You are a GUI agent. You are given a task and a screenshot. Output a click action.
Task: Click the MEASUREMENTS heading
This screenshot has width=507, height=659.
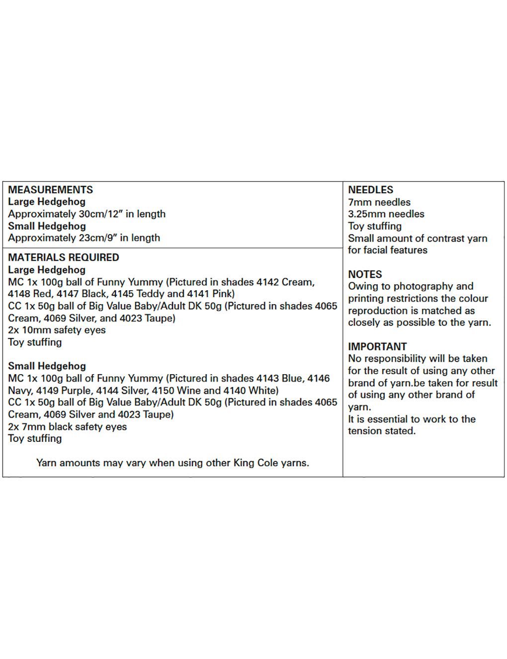click(50, 190)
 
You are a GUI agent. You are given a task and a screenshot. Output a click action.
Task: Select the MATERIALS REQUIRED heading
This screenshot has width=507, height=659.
click(64, 257)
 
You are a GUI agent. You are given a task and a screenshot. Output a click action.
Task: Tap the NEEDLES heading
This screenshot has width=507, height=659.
click(370, 190)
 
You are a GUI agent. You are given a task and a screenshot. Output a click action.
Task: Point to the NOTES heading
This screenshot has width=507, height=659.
click(365, 274)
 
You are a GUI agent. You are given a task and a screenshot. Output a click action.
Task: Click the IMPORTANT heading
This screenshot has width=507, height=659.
click(377, 346)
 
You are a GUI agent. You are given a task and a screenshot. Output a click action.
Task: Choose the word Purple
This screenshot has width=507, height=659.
click(76, 391)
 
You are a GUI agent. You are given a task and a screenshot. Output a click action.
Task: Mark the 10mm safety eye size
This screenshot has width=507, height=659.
click(34, 330)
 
